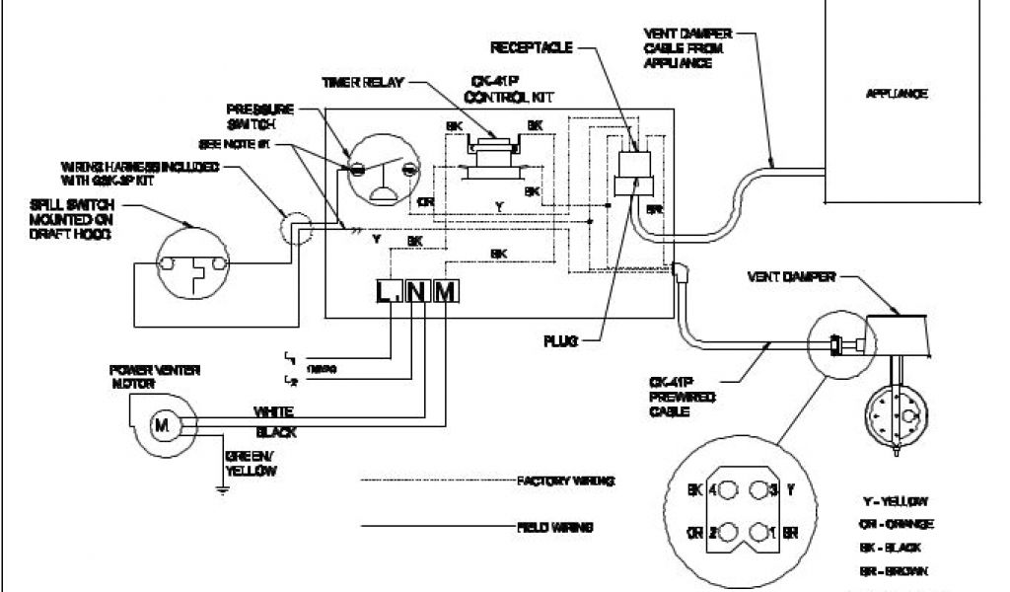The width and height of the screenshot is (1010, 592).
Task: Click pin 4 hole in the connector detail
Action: pyautogui.click(x=728, y=490)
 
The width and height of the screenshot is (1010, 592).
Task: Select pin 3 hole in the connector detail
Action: pyautogui.click(x=757, y=490)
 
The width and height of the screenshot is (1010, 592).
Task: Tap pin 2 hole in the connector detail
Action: pyautogui.click(x=728, y=533)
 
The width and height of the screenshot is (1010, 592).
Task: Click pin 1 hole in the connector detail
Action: pyautogui.click(x=757, y=533)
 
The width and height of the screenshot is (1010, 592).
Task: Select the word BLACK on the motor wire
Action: pyautogui.click(x=275, y=432)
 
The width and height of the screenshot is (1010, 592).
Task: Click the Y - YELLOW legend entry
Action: pyautogui.click(x=896, y=501)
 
